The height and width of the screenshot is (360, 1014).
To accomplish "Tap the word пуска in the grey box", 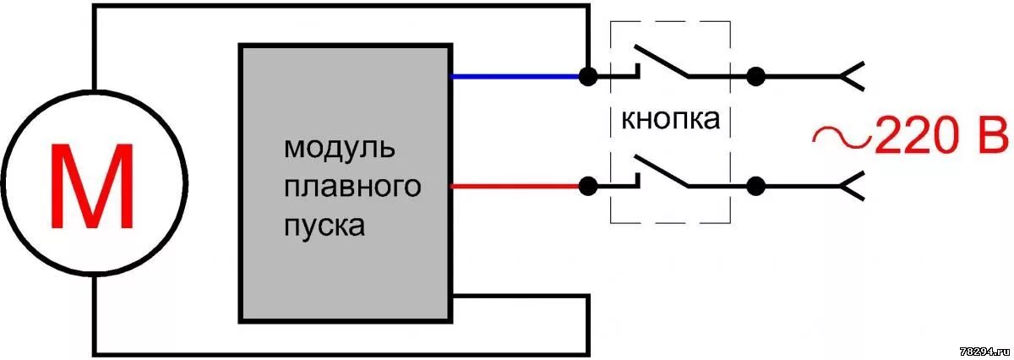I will (325, 226).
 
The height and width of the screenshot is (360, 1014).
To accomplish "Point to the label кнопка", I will (671, 119).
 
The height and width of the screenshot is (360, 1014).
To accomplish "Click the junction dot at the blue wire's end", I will (586, 76).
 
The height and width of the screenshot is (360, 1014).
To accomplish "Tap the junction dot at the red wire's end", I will (586, 185).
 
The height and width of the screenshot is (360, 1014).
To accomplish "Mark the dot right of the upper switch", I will (756, 76).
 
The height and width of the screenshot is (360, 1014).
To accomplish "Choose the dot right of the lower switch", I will (756, 185).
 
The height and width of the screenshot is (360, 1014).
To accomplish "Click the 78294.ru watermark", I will (984, 349).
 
